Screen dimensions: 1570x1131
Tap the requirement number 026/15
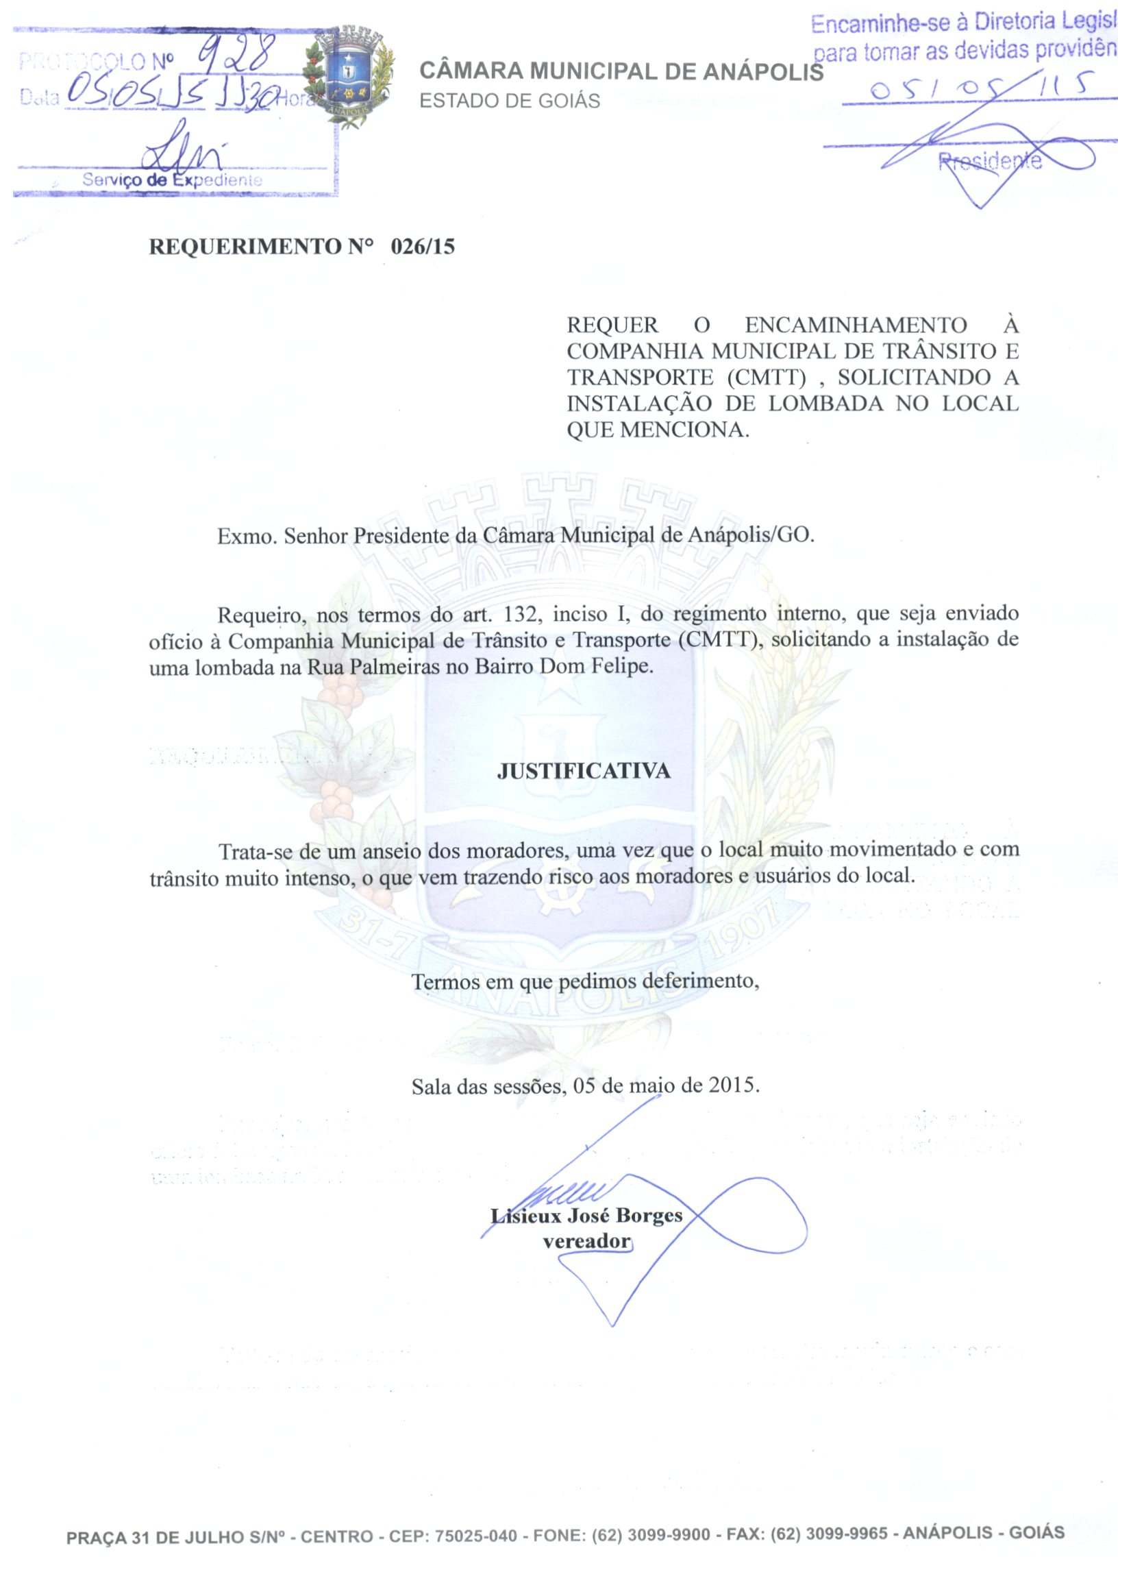422,247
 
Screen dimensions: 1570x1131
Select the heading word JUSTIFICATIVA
584,771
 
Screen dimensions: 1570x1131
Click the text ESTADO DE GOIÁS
510,101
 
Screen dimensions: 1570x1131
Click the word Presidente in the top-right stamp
990,162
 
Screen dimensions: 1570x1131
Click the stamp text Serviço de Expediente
172,180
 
